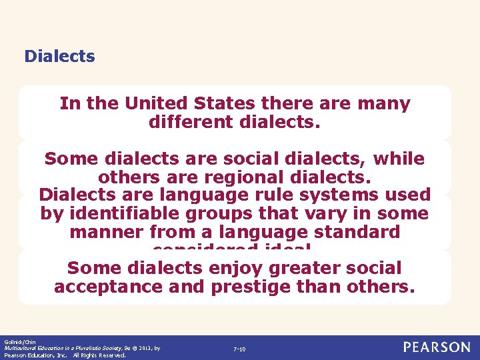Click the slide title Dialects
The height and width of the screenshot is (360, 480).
[59, 56]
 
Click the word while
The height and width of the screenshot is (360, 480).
[399, 159]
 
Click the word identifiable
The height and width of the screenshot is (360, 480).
[127, 214]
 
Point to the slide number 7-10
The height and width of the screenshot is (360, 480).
[239, 349]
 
